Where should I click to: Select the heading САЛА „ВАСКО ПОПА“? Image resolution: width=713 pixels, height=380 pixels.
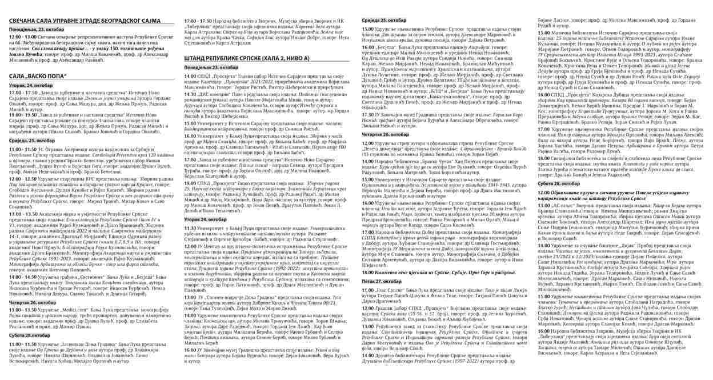(x=38, y=75)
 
